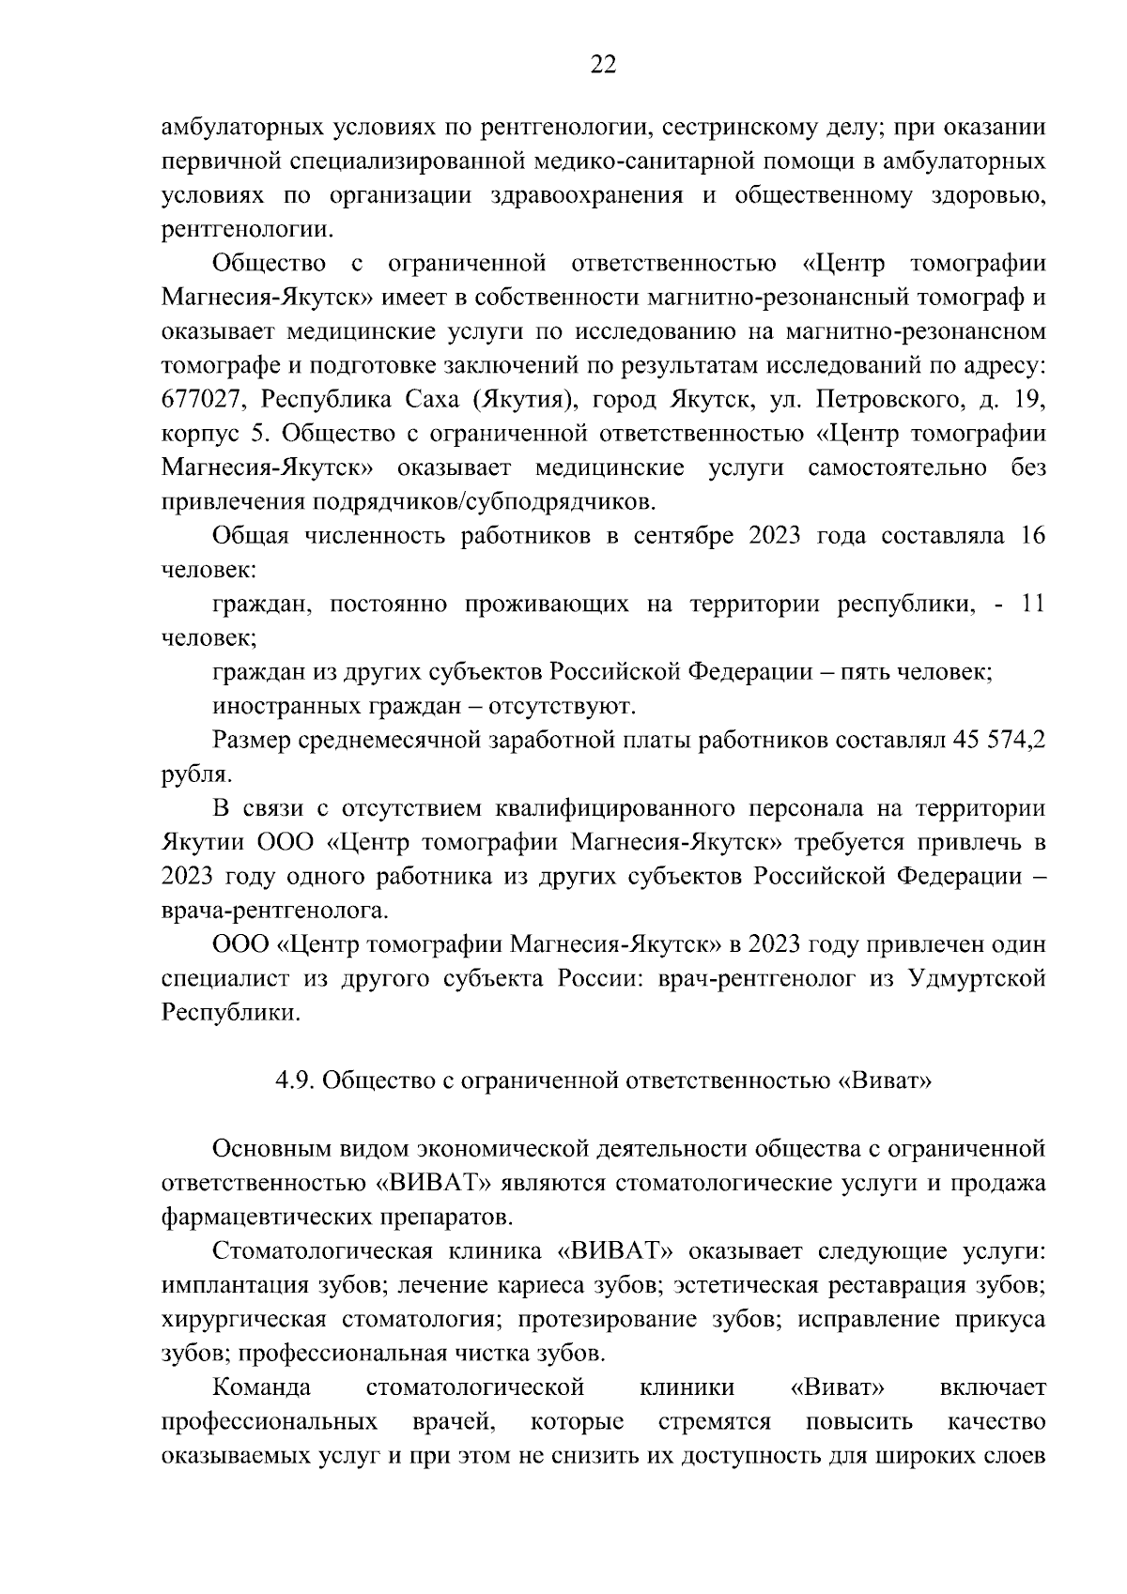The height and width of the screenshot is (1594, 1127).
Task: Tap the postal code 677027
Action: [x=202, y=399]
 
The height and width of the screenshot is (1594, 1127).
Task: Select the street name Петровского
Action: [x=892, y=399]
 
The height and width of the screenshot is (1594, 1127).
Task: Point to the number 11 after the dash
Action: [x=1032, y=604]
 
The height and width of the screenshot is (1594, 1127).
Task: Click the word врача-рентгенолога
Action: [x=274, y=910]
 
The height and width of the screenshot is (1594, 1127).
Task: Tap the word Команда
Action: [x=262, y=1387]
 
